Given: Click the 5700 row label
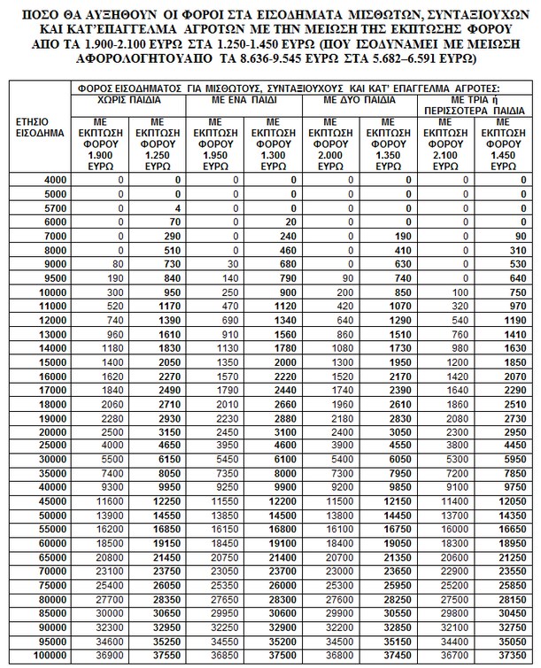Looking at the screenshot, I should coord(54,208).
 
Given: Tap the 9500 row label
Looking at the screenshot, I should coord(54,277).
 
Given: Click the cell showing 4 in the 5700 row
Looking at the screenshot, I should coord(178,208).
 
